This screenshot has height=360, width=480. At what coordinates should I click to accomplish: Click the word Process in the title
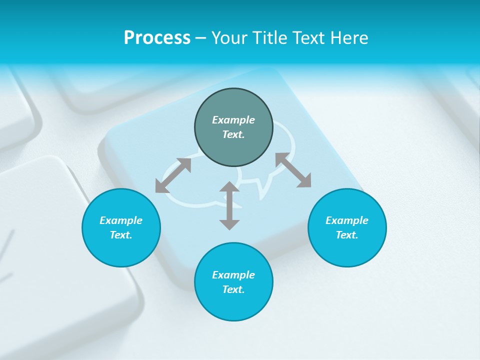click(x=157, y=38)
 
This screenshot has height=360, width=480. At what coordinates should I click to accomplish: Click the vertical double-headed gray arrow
click(x=229, y=206)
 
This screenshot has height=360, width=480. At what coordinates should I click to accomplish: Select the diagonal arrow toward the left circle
click(x=173, y=175)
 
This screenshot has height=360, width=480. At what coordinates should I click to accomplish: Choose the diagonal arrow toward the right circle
click(x=293, y=170)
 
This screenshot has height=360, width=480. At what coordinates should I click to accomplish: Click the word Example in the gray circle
click(x=233, y=120)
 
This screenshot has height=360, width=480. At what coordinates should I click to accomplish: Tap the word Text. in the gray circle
click(x=233, y=134)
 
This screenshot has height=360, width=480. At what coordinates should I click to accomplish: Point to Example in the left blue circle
click(x=121, y=220)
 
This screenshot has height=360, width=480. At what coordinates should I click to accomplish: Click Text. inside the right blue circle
click(x=347, y=235)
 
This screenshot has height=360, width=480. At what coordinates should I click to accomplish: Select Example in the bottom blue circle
click(x=233, y=275)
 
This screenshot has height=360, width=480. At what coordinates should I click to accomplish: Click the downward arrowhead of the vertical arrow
click(x=229, y=224)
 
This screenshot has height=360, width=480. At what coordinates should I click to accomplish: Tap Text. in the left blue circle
click(x=121, y=235)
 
